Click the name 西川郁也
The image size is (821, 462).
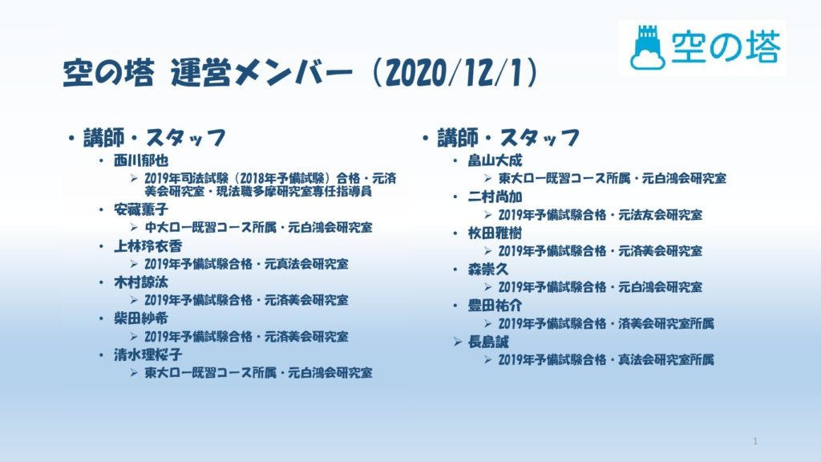pyautogui.click(x=141, y=160)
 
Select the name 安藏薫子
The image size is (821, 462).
pyautogui.click(x=141, y=209)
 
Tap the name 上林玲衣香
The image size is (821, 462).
pyautogui.click(x=148, y=246)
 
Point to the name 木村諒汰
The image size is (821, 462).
pyautogui.click(x=141, y=282)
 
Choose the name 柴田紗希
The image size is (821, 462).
pyautogui.click(x=141, y=318)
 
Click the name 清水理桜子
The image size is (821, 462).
pyautogui.click(x=148, y=355)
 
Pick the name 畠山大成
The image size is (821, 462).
pyautogui.click(x=495, y=160)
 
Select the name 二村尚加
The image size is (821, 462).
pyautogui.click(x=495, y=197)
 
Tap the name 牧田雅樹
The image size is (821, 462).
pyautogui.click(x=495, y=233)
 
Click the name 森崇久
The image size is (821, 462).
pyautogui.click(x=488, y=269)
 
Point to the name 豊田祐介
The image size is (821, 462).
pyautogui.click(x=495, y=306)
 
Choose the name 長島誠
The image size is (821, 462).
pyautogui.click(x=488, y=342)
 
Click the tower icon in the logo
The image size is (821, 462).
pyautogui.click(x=648, y=47)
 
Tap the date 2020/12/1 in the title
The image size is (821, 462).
pyautogui.click(x=454, y=73)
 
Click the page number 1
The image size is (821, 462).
pyautogui.click(x=755, y=442)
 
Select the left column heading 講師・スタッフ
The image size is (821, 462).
pyautogui.click(x=155, y=138)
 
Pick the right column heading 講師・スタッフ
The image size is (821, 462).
pyautogui.click(x=508, y=138)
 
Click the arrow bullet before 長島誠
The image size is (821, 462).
pyautogui.click(x=458, y=342)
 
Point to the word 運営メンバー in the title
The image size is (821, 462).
pyautogui.click(x=261, y=73)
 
